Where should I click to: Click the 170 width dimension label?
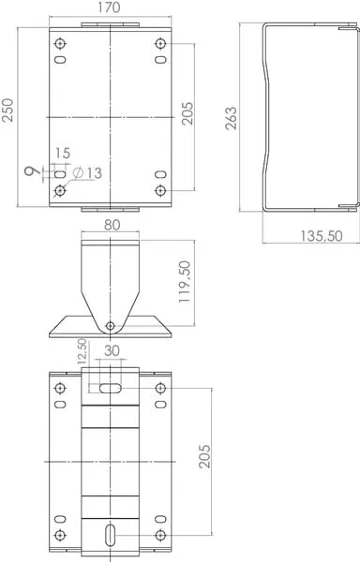click(109, 7)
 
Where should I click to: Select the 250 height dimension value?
click(7, 110)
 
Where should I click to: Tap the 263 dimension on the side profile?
click(232, 118)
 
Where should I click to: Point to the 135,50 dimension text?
click(322, 236)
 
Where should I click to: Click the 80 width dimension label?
click(112, 225)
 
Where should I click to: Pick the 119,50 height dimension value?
click(185, 282)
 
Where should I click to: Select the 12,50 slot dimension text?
click(82, 351)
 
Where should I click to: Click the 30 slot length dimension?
click(112, 350)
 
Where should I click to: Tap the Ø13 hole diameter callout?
click(87, 173)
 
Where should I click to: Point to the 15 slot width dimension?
click(63, 153)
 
